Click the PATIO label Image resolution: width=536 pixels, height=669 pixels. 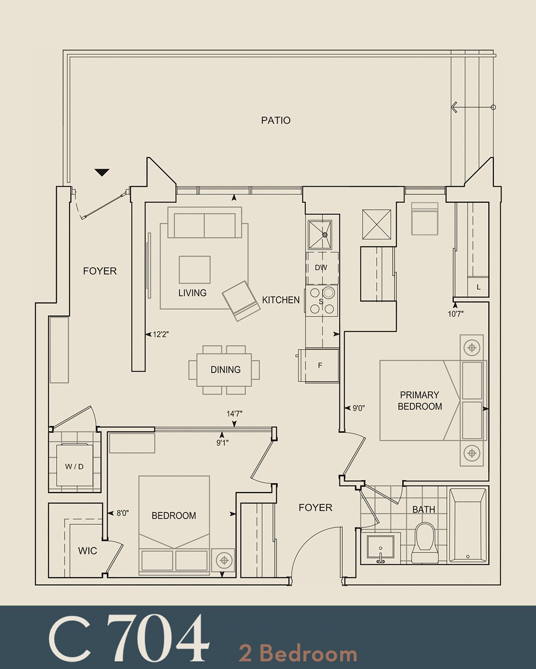point(275,120)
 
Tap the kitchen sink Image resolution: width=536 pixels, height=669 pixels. point(320,234)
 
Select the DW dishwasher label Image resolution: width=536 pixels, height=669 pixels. point(321,268)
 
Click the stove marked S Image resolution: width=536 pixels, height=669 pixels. point(322,301)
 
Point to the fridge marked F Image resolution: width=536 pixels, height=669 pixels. point(320,365)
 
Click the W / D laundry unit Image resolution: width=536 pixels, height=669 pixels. point(74,466)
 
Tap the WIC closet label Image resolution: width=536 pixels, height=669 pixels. point(87,551)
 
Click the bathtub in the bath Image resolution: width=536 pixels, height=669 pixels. point(468,525)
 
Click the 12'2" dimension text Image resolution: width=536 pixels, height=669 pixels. point(160,334)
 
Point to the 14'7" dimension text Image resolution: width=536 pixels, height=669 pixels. point(234,413)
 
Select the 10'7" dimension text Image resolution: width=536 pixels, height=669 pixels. point(456,314)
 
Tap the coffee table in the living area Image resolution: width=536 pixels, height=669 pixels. point(195,270)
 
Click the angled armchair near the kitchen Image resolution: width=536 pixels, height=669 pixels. point(241,300)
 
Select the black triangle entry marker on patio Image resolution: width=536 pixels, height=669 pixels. point(102,172)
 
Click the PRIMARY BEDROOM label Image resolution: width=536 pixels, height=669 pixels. point(420,400)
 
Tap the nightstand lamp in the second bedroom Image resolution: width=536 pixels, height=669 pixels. point(224,560)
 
